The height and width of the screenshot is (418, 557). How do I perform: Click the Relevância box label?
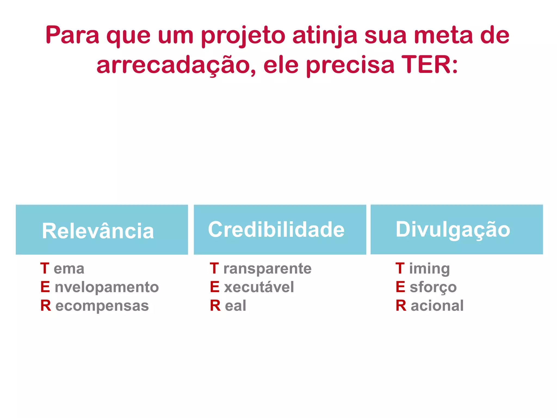coord(98,231)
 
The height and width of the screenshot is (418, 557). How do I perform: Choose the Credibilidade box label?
coord(276,229)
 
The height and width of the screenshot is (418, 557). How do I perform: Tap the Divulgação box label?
coord(453,229)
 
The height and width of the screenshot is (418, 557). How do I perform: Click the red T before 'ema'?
coord(45,268)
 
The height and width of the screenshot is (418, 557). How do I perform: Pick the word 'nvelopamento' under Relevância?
coord(107,287)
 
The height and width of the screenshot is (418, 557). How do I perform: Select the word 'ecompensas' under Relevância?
coord(102,306)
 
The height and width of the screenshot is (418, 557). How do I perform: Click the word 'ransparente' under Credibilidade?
coord(267,269)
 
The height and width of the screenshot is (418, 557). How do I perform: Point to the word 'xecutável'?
coord(259,287)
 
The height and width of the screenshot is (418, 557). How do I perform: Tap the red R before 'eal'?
coord(215,306)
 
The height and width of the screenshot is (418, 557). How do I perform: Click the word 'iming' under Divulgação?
coord(429,269)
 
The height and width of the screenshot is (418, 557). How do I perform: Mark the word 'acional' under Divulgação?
coord(437,306)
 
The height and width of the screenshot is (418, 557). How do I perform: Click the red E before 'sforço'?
coord(400,287)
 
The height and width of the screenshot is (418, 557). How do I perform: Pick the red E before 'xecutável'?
coord(215,287)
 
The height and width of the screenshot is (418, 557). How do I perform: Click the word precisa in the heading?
coord(350,65)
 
